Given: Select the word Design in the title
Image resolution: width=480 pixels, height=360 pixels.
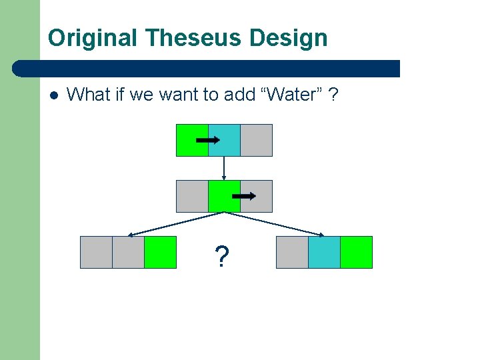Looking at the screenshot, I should [289, 37].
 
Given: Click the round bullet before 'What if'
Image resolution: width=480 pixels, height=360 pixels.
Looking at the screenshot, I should [54, 95].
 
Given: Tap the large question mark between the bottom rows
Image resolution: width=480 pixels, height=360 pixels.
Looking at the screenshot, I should [221, 255].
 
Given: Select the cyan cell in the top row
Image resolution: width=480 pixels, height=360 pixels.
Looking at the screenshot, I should [224, 140].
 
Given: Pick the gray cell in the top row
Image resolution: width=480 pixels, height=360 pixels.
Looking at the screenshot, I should [256, 140].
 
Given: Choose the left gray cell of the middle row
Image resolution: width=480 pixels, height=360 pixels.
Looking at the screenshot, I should [192, 196].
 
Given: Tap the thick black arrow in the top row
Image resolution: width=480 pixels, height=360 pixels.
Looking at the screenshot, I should [209, 140].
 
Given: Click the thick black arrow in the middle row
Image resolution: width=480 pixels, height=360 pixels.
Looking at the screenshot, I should [243, 196].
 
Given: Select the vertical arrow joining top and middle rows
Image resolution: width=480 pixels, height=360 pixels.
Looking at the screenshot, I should [224, 168].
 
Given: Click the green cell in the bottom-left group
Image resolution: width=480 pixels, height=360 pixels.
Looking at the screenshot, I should [160, 252].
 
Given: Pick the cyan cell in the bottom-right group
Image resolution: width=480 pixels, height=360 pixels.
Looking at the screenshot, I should [324, 252].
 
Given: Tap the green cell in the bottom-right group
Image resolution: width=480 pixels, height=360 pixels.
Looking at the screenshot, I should [356, 252].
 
